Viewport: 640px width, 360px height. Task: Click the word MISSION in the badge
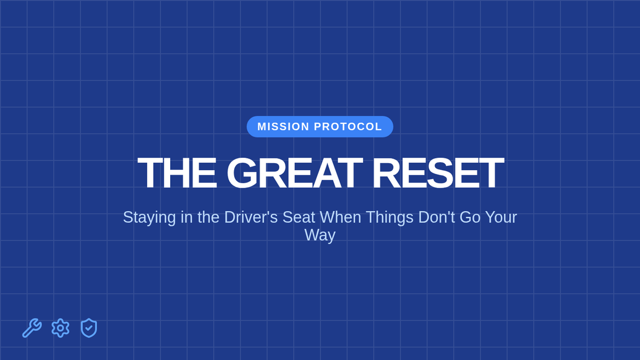tap(283, 126)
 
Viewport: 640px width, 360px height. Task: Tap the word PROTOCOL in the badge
tap(348, 126)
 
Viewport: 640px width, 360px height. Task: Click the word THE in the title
tap(177, 173)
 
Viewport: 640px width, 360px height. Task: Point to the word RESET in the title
tap(438, 173)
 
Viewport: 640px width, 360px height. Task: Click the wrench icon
tap(32, 328)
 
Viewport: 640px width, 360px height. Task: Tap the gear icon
tap(60, 328)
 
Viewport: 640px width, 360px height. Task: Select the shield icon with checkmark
tap(89, 328)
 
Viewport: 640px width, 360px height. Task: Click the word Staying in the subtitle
tap(149, 218)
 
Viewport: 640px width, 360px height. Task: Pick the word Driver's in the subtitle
tap(251, 217)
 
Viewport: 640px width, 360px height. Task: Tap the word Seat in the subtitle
tap(299, 217)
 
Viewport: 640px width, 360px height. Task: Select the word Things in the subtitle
tap(390, 218)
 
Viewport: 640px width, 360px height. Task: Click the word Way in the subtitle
tap(320, 236)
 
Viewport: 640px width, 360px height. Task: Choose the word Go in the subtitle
tap(470, 217)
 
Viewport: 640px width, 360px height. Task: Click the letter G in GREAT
tap(242, 173)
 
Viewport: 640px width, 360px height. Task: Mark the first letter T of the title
tap(150, 173)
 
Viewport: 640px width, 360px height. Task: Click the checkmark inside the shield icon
tap(89, 328)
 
